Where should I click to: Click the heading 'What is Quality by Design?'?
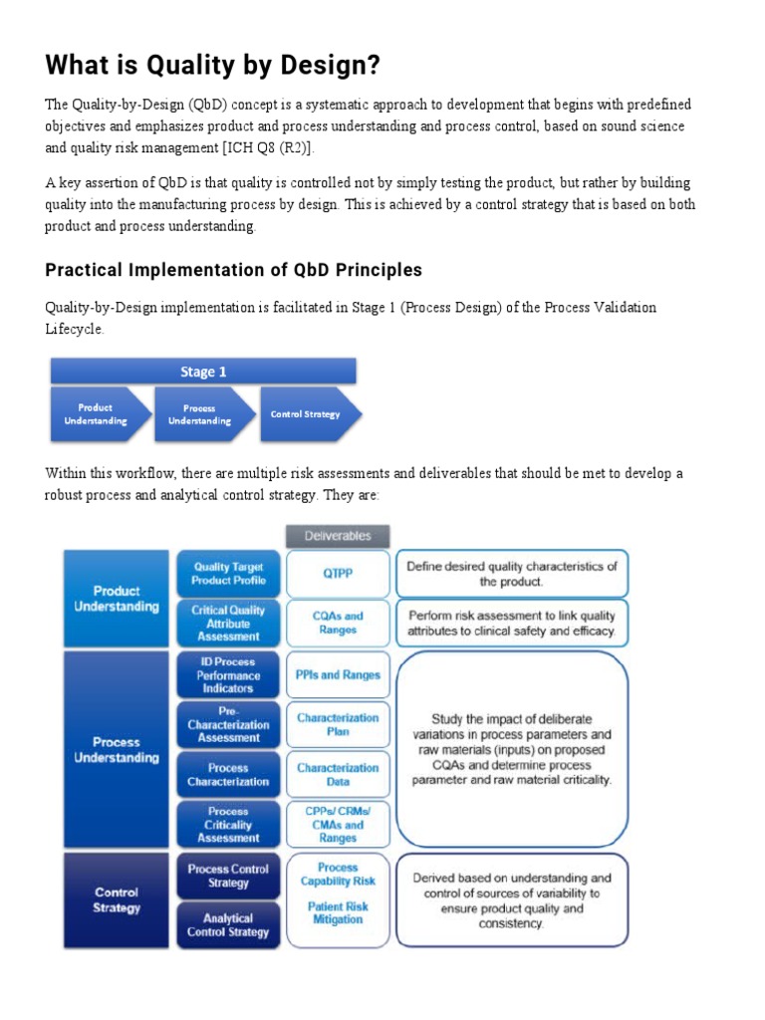(x=211, y=66)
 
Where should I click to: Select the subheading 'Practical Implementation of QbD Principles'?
(x=233, y=270)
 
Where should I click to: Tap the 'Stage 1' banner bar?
(x=203, y=372)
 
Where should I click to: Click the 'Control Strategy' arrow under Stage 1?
(x=308, y=413)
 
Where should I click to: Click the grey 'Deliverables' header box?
(x=338, y=536)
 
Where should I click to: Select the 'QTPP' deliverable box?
(x=338, y=574)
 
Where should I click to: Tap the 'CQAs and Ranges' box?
(x=338, y=623)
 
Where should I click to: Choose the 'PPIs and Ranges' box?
(x=338, y=674)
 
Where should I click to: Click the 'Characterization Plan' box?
(x=338, y=724)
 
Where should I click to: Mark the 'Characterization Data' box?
(x=338, y=775)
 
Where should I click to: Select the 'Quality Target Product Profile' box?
(x=228, y=574)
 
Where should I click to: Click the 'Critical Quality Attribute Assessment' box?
(x=228, y=623)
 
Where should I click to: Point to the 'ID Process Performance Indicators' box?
(x=228, y=674)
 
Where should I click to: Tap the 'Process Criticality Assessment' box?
(x=228, y=825)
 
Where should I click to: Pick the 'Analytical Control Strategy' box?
(x=228, y=925)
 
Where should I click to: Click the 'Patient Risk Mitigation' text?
(x=338, y=913)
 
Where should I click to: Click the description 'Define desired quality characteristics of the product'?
(x=512, y=574)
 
